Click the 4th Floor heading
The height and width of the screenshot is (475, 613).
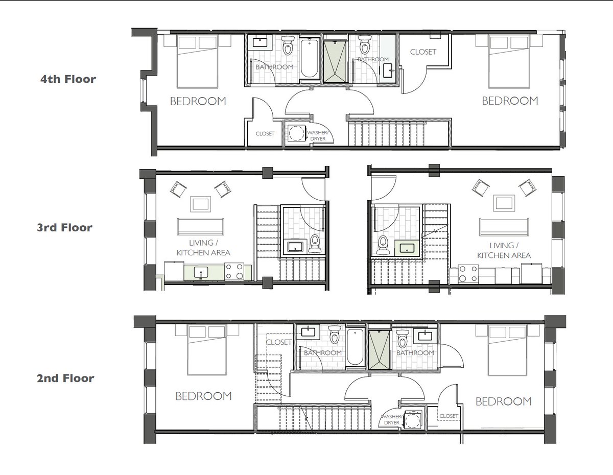(x=68, y=79)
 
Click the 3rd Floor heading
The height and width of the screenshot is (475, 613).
(x=64, y=228)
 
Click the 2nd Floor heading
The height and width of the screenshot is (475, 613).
(x=65, y=378)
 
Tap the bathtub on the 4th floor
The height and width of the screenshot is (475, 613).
(x=310, y=58)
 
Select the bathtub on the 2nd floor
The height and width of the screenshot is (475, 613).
(x=355, y=347)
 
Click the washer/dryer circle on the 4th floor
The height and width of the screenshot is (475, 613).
(x=296, y=133)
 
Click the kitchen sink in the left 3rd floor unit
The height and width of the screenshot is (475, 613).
(x=201, y=272)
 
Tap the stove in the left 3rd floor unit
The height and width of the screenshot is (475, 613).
(x=234, y=271)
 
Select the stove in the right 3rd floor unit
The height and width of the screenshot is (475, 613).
(x=468, y=274)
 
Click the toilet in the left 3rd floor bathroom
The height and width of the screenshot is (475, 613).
(x=315, y=244)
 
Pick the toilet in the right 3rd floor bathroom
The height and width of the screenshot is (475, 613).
(x=383, y=245)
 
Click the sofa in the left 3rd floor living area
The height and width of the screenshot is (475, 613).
(x=201, y=226)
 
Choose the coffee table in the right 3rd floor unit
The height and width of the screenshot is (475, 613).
(x=504, y=203)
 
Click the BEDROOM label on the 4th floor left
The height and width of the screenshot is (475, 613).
(x=198, y=101)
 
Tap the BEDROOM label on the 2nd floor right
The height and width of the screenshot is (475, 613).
(x=504, y=401)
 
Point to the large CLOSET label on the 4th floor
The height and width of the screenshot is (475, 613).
(x=423, y=52)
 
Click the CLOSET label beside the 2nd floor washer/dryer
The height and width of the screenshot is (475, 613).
(x=449, y=416)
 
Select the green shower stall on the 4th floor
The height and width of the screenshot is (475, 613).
(x=335, y=62)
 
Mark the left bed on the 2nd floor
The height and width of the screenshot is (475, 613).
(x=207, y=350)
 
